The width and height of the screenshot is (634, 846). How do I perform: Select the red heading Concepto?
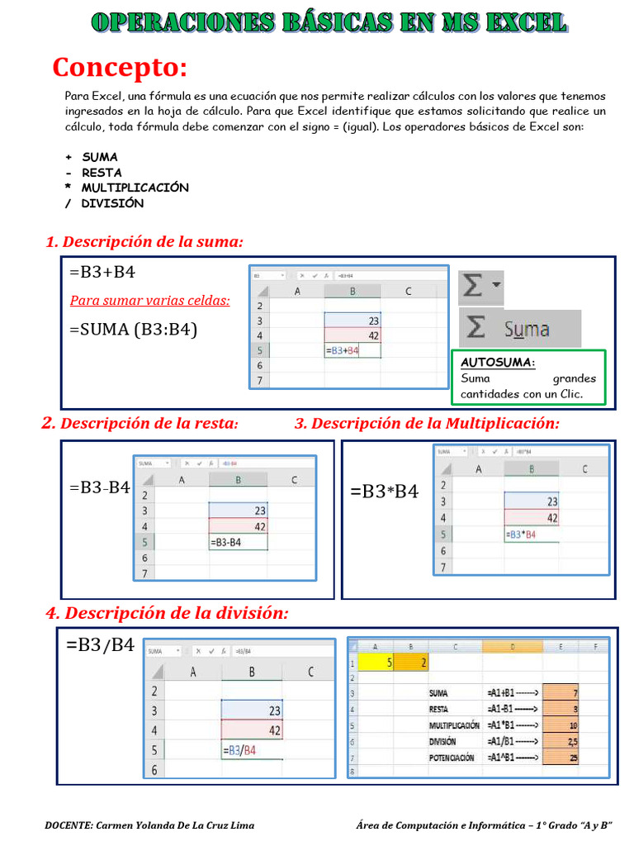(x=120, y=66)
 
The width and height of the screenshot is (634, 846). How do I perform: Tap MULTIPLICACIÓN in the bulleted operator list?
(x=135, y=188)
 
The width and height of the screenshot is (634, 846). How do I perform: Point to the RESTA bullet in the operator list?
(x=102, y=173)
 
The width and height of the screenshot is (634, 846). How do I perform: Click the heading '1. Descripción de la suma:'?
(x=144, y=241)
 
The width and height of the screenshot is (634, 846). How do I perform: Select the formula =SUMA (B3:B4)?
(x=133, y=330)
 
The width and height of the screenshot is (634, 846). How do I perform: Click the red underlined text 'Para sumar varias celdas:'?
(x=149, y=300)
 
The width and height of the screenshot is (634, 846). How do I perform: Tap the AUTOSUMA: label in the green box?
(x=497, y=363)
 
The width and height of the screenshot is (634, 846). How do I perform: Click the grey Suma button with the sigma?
(x=519, y=328)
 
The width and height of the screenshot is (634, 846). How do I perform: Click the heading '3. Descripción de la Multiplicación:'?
(x=427, y=423)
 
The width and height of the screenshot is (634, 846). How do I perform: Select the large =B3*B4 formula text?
(x=384, y=492)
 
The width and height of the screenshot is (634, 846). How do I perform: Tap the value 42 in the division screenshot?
(x=273, y=730)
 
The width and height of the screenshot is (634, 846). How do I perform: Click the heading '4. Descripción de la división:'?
(x=167, y=613)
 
